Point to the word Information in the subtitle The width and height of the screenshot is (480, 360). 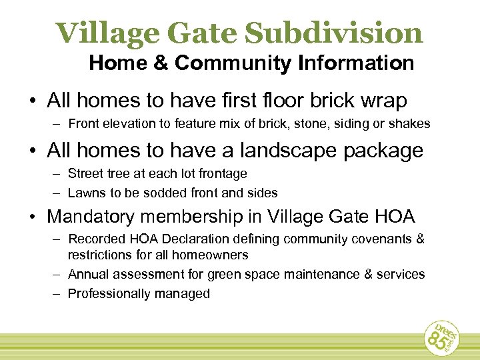[x=357, y=64]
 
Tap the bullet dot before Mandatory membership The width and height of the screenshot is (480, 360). [x=32, y=217]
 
